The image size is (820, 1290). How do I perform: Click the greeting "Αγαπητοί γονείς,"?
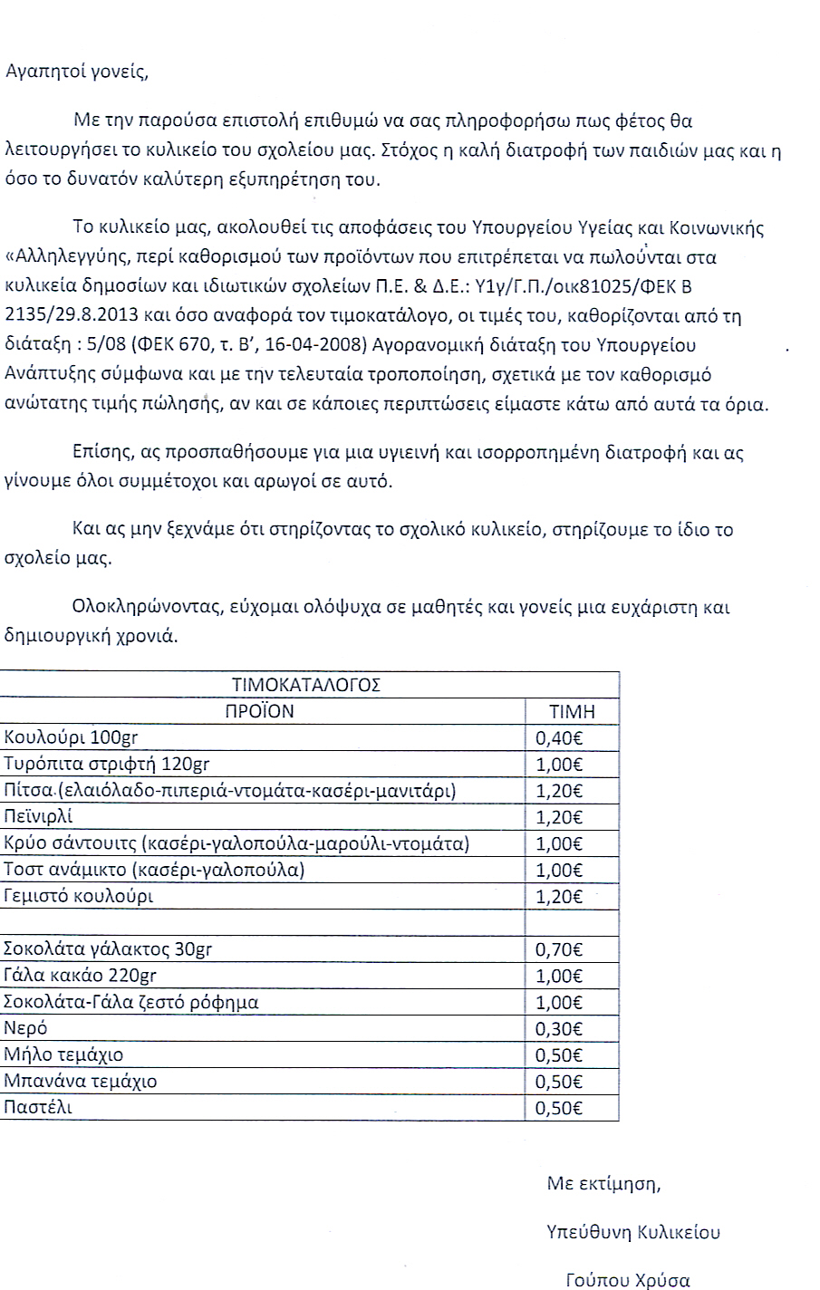pos(76,72)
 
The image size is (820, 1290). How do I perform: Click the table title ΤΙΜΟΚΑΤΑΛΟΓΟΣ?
pos(306,684)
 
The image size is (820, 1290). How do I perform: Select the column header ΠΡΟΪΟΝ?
pos(260,711)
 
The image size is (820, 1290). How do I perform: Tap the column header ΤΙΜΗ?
pos(572,712)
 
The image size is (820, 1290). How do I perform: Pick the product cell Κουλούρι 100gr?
pos(72,737)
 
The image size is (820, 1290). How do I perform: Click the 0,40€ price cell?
pos(559,738)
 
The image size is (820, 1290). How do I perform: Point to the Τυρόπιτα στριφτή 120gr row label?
pos(107,764)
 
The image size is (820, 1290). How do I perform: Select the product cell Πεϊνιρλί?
pos(39,816)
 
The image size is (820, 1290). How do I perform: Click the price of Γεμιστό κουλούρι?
pos(559,897)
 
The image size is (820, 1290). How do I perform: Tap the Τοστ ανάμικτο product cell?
pos(154,871)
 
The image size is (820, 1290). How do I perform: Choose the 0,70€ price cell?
pos(559,950)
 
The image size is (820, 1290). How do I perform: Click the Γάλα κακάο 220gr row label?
pos(81,976)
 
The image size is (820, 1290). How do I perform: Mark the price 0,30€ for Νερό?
pos(559,1029)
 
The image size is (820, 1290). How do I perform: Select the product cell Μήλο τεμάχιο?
pos(63,1055)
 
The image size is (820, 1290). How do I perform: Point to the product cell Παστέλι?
pos(38,1107)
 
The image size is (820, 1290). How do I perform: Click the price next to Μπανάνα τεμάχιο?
pos(559,1082)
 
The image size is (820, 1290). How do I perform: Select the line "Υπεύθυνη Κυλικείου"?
pos(633,1232)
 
